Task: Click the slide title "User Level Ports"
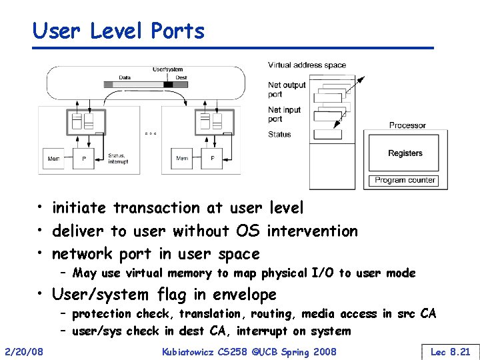(x=119, y=31)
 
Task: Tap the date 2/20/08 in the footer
(x=24, y=351)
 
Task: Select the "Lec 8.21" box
(x=450, y=351)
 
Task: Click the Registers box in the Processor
(x=405, y=153)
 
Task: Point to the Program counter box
(x=405, y=180)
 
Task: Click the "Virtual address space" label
(x=307, y=65)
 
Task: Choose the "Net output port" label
(x=287, y=89)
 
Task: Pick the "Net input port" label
(x=285, y=115)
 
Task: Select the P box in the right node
(x=212, y=159)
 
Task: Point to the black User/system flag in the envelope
(x=168, y=85)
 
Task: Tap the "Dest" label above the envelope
(x=181, y=77)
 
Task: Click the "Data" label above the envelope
(x=125, y=77)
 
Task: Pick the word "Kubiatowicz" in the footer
(x=194, y=351)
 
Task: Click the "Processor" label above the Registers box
(x=407, y=125)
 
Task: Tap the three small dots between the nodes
(x=150, y=133)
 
